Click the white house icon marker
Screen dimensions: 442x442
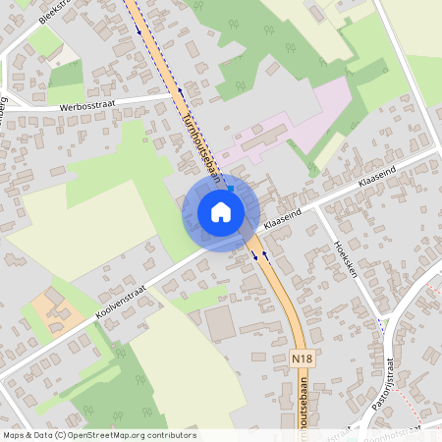coord(221,211)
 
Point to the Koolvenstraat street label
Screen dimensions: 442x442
coord(120,301)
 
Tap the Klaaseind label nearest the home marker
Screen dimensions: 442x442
coord(282,213)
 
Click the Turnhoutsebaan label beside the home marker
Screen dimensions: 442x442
coord(200,145)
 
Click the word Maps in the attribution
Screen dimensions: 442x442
coord(15,434)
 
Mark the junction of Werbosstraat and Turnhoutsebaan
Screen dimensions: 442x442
coord(173,98)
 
